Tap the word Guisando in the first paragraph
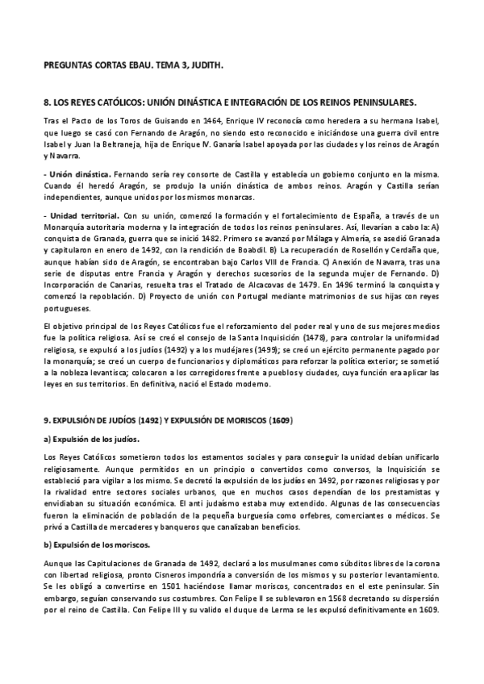160,120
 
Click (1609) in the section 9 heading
280,420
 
